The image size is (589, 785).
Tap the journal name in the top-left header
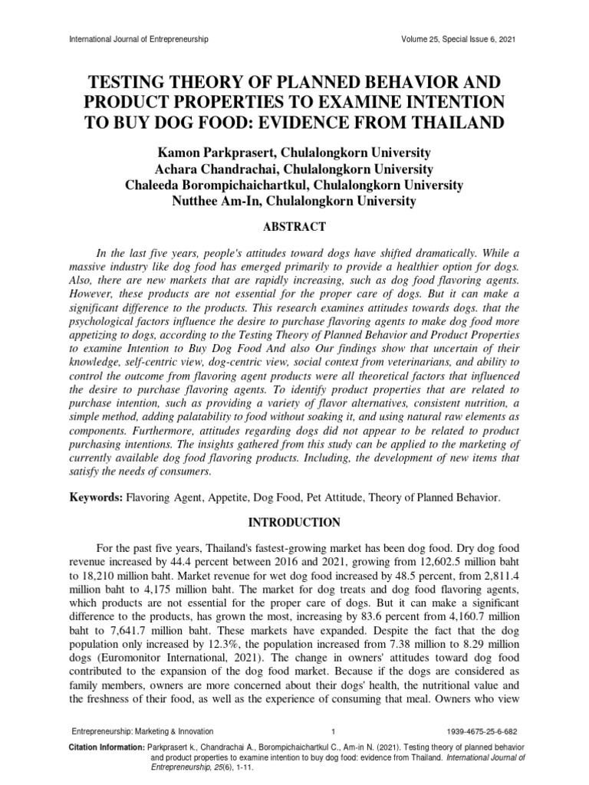(139, 38)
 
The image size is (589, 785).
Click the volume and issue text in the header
(458, 38)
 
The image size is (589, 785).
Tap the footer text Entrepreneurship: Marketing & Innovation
(143, 731)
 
